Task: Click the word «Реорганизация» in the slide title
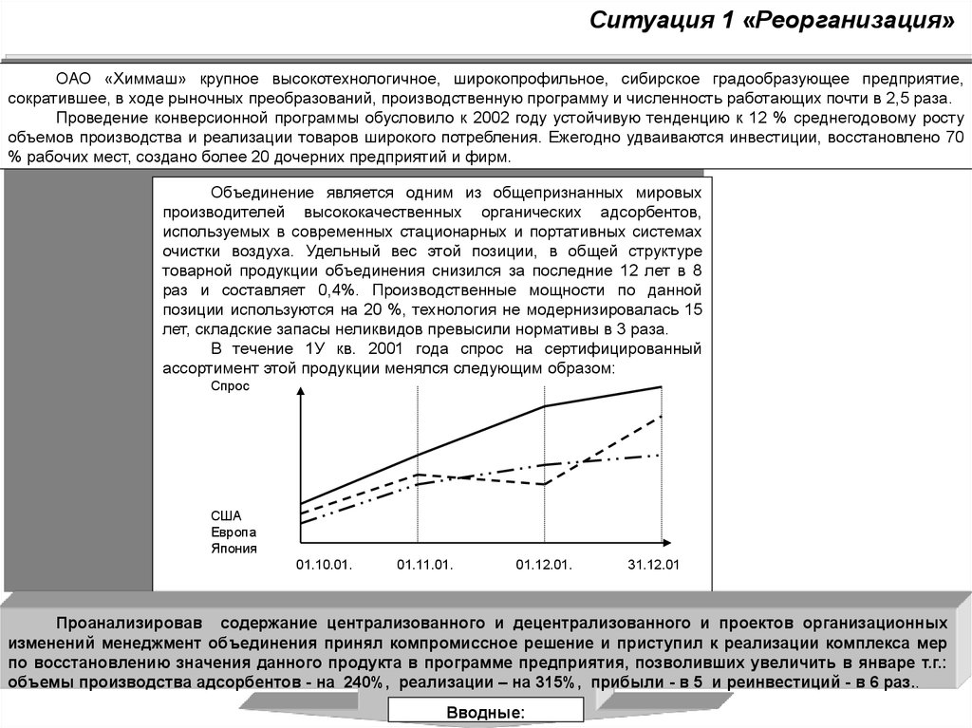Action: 852,21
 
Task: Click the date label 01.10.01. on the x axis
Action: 324,564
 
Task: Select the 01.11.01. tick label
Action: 424,564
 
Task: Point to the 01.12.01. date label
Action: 544,564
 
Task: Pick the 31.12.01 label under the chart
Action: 654,564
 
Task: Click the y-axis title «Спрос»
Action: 230,387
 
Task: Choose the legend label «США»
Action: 226,515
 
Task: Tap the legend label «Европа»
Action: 234,532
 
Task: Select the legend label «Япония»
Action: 234,548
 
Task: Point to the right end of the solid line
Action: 661,387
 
